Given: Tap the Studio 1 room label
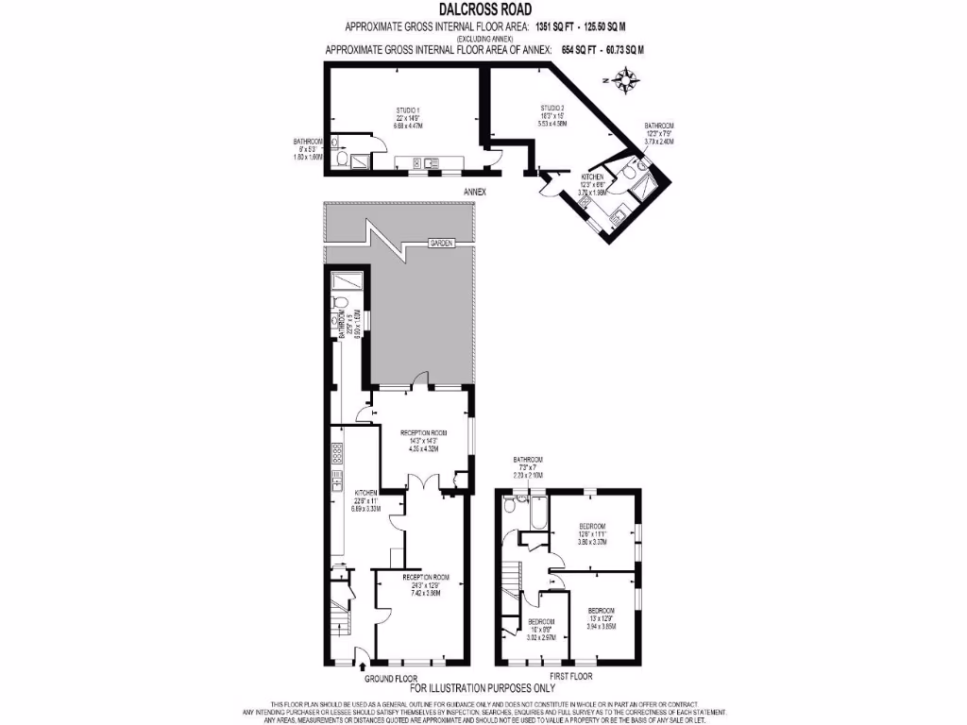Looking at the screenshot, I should click(x=408, y=117).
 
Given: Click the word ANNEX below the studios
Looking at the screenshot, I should click(x=474, y=192).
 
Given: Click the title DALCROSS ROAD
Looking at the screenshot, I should click(x=483, y=9).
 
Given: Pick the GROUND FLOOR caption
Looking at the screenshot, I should click(x=390, y=678).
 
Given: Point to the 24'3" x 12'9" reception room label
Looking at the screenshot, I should click(x=425, y=583).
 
